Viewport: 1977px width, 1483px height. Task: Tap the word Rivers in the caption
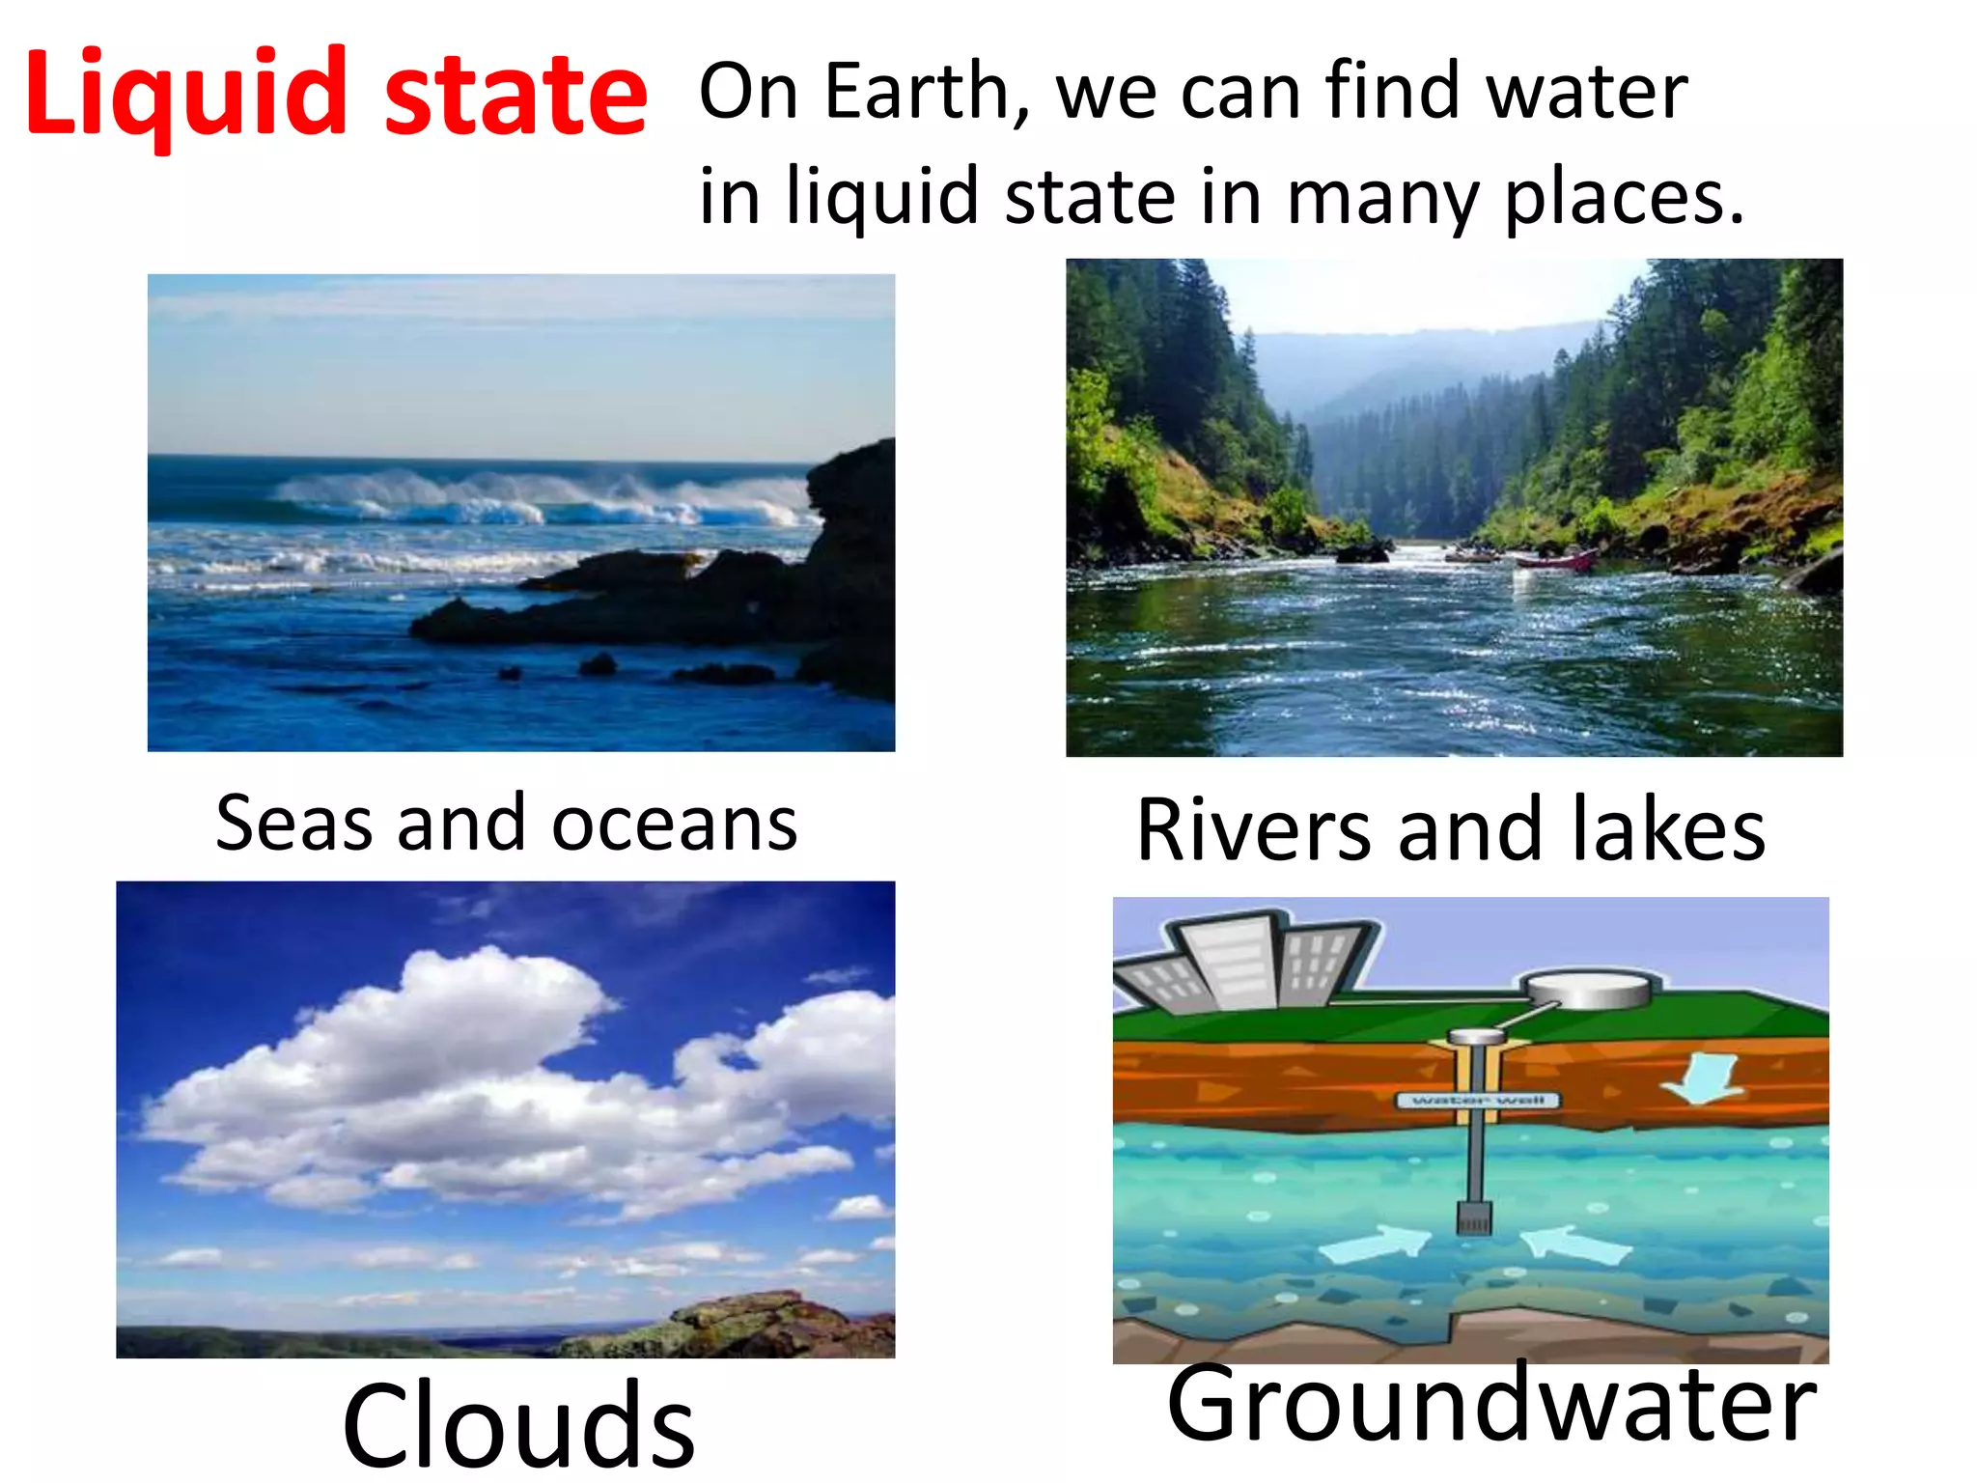click(1253, 830)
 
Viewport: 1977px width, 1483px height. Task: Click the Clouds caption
click(518, 1424)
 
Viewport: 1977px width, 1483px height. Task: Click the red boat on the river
click(1555, 560)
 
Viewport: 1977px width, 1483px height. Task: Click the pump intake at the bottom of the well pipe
click(1473, 1218)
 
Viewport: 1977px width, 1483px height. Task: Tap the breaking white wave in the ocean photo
click(541, 497)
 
